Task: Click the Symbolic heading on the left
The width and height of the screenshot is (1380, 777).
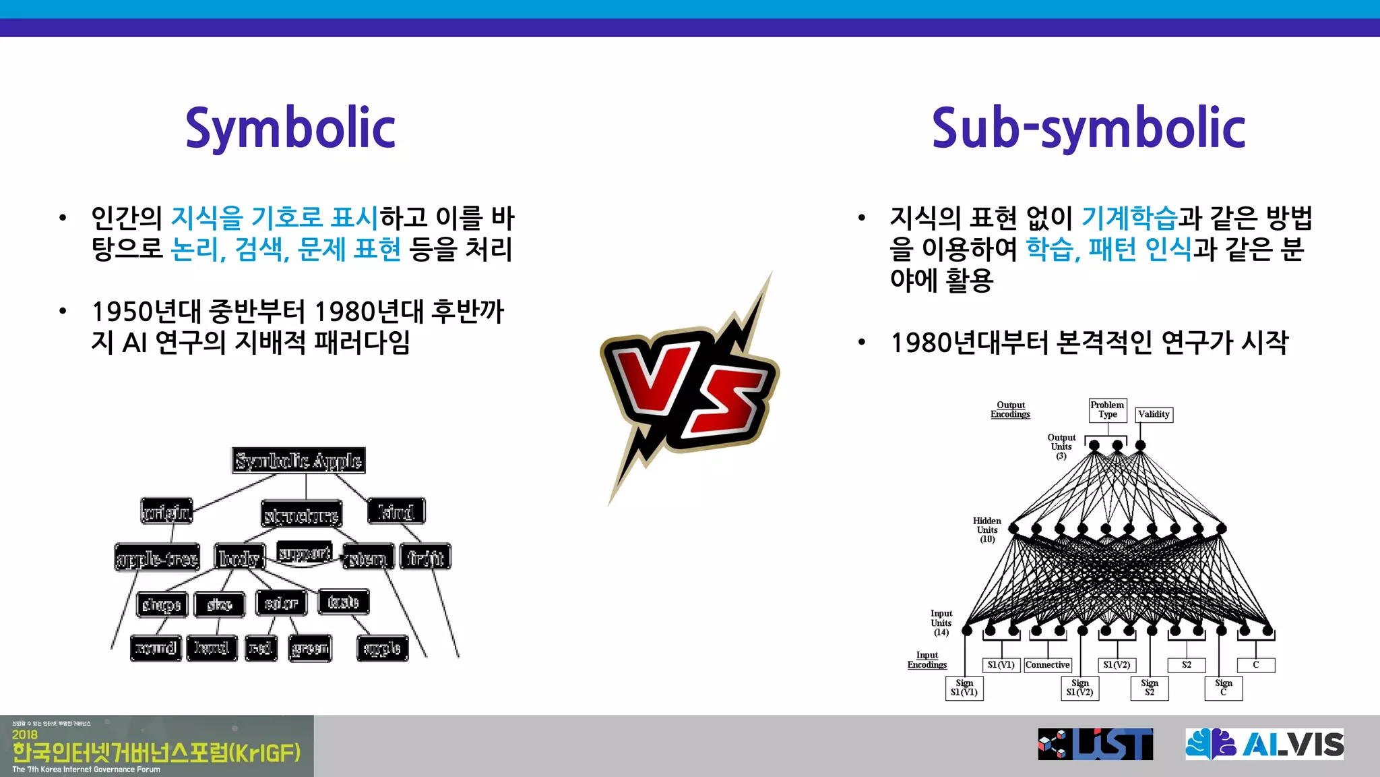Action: [x=290, y=129]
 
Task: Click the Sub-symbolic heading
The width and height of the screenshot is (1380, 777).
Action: [x=1088, y=129]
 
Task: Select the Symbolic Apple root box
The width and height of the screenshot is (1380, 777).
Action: [x=299, y=461]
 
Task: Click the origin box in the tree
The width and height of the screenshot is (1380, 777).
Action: [x=166, y=511]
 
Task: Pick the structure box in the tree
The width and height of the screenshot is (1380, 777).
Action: [x=301, y=515]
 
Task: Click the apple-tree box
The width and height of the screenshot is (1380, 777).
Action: [x=157, y=558]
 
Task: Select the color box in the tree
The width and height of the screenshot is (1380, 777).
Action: [x=281, y=603]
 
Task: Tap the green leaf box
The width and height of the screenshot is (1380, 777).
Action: [x=310, y=648]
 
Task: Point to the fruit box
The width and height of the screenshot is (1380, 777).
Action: [x=425, y=557]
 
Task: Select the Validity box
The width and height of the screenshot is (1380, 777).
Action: [x=1154, y=414]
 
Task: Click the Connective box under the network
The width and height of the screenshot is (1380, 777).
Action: [x=1047, y=665]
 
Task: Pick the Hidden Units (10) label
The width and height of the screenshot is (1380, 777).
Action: [x=986, y=530]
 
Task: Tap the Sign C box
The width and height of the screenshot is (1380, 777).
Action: [x=1223, y=687]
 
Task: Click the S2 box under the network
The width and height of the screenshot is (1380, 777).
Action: [x=1186, y=665]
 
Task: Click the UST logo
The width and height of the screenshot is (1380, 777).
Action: [x=1095, y=744]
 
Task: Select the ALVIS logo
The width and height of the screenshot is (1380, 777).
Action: [x=1264, y=744]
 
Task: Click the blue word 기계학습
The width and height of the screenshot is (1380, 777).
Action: [x=1129, y=218]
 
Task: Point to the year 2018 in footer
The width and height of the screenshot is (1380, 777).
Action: [x=24, y=735]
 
